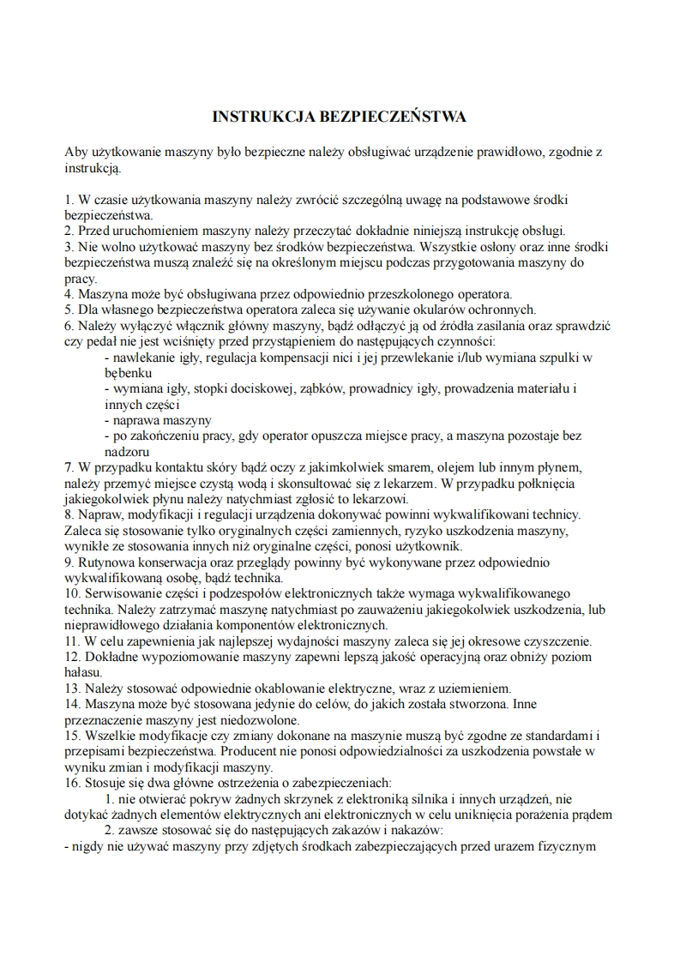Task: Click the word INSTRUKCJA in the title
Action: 252,115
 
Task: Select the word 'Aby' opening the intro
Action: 76,152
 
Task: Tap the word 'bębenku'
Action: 129,373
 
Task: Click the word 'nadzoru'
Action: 126,451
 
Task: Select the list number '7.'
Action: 70,466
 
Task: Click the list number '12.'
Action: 74,656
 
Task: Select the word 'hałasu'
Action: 84,672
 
